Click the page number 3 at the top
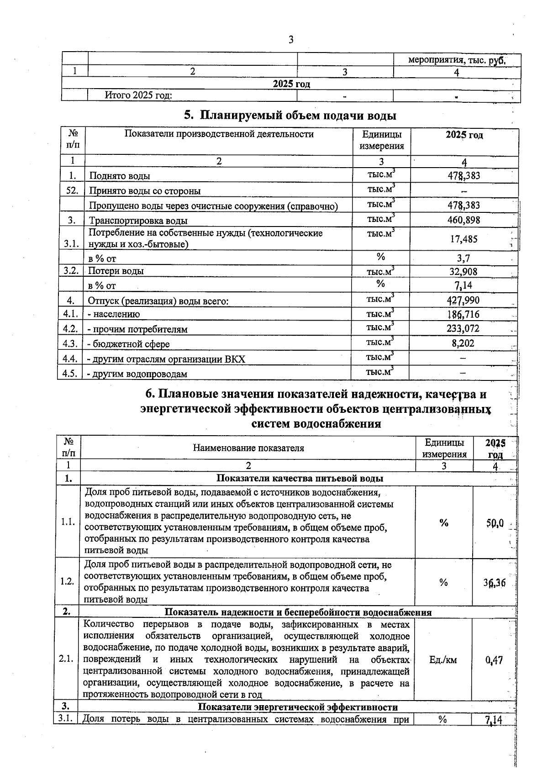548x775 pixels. click(291, 40)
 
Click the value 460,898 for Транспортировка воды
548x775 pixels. click(464, 220)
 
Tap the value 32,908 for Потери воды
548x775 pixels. click(464, 272)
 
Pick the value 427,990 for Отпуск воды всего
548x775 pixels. click(464, 301)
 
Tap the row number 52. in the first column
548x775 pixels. click(72, 190)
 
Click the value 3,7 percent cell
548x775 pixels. click(464, 258)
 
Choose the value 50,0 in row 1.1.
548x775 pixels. click(495, 523)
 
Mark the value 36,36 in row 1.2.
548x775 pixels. click(495, 583)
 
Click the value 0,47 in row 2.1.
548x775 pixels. click(495, 660)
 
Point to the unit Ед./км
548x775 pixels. click(443, 660)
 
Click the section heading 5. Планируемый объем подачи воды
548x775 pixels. click(290, 115)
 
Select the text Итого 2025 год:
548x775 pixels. click(138, 95)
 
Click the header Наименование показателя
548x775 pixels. click(248, 448)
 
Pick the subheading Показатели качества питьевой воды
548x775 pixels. click(299, 478)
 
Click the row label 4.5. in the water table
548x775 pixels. click(70, 374)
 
